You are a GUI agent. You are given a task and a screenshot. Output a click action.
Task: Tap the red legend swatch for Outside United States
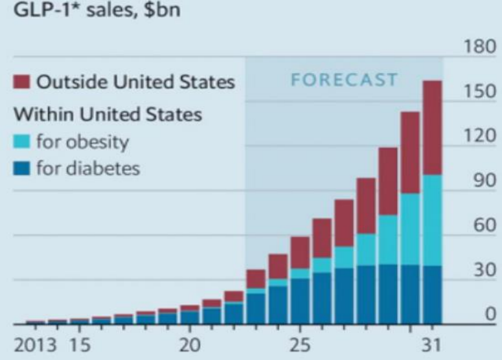click(x=21, y=82)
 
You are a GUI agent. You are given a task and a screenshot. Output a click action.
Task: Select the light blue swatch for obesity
click(x=21, y=142)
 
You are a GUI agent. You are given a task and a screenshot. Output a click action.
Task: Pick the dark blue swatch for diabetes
click(x=21, y=170)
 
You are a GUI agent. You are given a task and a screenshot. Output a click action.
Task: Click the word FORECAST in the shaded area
click(x=343, y=80)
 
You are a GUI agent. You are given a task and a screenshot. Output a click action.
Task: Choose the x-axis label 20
click(x=190, y=343)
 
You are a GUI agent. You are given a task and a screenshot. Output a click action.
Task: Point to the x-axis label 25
click(x=300, y=343)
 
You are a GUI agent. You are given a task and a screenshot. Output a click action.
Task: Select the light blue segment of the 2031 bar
click(x=431, y=220)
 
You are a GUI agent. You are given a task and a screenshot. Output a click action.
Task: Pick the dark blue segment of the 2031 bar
click(x=431, y=295)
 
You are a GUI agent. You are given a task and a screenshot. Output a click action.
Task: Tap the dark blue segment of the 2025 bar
click(x=300, y=302)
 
